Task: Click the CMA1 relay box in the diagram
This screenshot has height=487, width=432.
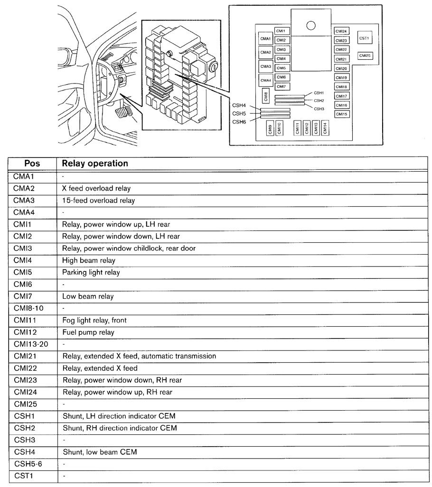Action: coord(265,39)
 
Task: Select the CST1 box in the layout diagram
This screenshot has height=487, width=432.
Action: coord(364,38)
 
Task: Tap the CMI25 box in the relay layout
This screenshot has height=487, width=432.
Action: coord(365,55)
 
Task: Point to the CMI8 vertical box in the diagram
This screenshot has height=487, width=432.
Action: coord(265,96)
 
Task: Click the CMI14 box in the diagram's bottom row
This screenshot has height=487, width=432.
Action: coord(325,128)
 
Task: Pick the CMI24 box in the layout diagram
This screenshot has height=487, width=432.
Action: coord(341,31)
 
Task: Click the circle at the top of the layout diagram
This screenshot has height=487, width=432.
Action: coord(310,26)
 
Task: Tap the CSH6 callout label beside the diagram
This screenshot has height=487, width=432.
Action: coord(239,122)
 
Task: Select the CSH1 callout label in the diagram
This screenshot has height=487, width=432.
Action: coord(319,93)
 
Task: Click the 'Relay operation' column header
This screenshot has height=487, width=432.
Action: coord(95,164)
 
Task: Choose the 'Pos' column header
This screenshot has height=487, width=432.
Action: coord(32,164)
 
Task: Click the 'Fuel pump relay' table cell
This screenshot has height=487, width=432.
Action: coord(88,332)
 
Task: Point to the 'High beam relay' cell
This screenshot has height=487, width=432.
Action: coord(89,260)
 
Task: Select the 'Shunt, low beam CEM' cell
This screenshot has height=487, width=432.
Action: coord(100,452)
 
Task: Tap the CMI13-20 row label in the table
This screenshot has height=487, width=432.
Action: coord(31,344)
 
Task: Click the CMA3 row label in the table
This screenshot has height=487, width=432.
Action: coord(24,200)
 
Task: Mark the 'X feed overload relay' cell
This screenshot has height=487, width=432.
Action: coord(96,189)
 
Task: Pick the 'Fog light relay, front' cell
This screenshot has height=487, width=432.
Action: coord(94,320)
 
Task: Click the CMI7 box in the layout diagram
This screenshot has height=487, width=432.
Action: coord(282,87)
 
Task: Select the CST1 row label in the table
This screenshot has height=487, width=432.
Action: coord(24,476)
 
